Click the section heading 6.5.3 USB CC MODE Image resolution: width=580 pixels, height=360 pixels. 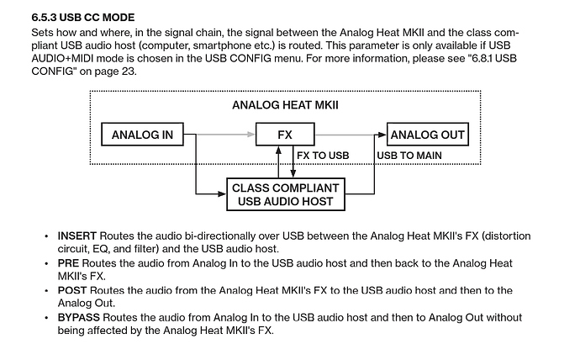[82, 17]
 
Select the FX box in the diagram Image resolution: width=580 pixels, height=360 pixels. [284, 135]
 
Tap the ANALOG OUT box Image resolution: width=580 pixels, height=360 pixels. [427, 135]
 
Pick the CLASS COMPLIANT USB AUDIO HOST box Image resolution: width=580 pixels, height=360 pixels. [284, 194]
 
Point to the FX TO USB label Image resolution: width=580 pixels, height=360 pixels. [323, 156]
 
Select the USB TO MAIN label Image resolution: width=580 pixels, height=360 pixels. [409, 156]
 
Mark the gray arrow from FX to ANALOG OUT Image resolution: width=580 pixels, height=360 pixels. [350, 135]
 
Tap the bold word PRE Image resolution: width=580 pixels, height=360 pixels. [68, 263]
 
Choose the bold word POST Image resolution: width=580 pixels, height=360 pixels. [72, 290]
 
